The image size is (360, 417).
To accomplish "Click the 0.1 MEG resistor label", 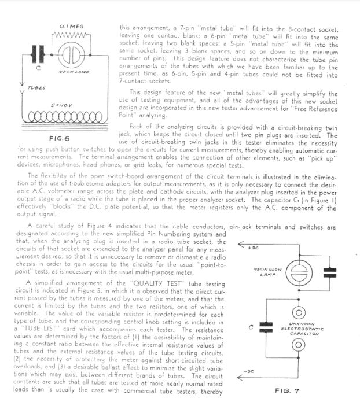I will (72, 27).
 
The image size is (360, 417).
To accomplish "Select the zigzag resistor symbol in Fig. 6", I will (72, 36).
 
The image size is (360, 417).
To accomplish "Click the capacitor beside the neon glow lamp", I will (329, 271).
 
